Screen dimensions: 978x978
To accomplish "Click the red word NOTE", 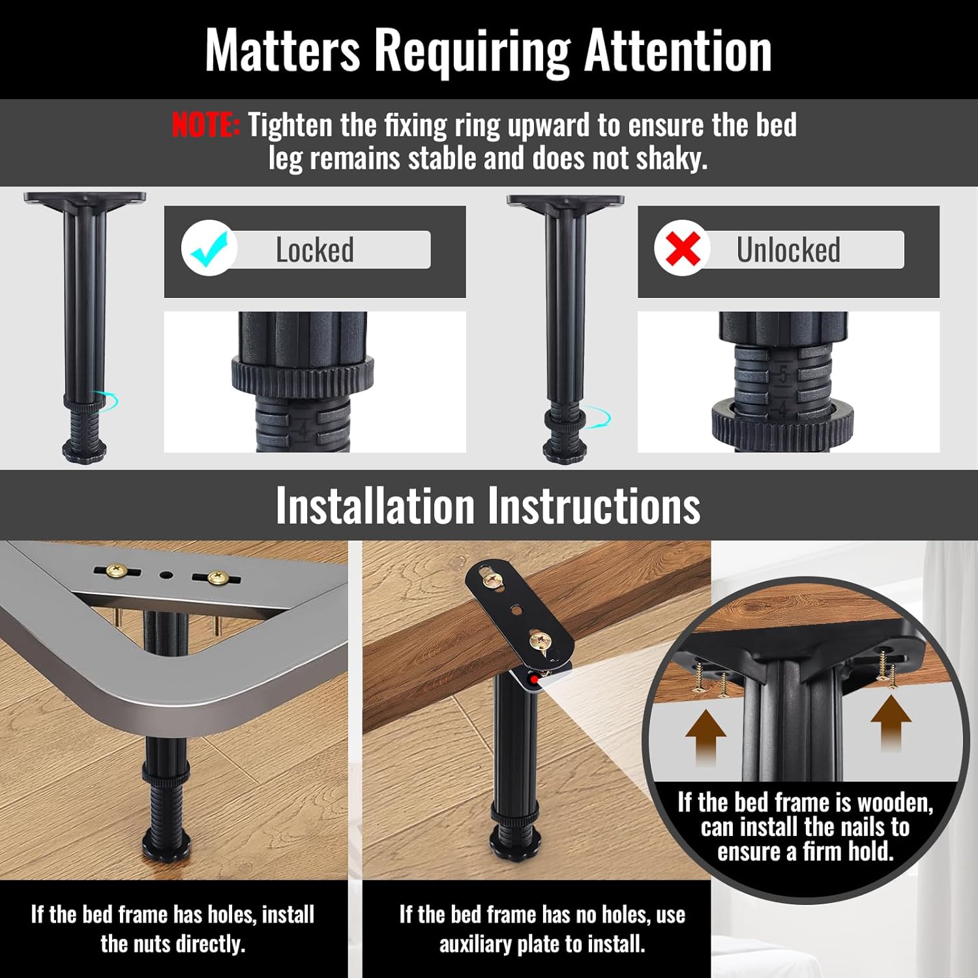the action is pyautogui.click(x=206, y=125).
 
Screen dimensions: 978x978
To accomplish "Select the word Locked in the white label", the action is pyautogui.click(x=315, y=250).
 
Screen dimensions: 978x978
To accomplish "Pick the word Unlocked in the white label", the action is pyautogui.click(x=788, y=250).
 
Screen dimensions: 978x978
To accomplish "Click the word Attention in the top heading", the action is pyautogui.click(x=678, y=50).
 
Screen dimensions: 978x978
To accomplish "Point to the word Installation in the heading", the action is pyautogui.click(x=375, y=505).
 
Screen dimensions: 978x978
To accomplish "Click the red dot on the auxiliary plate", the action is pyautogui.click(x=535, y=680).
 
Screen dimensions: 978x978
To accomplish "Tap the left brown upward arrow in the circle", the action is pyautogui.click(x=706, y=737).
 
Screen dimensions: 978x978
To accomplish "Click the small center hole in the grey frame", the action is pyautogui.click(x=166, y=576).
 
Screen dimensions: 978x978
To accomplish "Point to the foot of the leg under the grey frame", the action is pyautogui.click(x=166, y=846).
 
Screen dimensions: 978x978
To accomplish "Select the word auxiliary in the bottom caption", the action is pyautogui.click(x=475, y=943).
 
